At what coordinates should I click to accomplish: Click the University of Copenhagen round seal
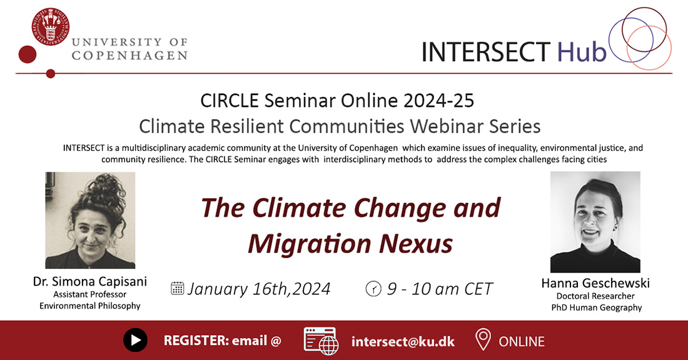tap(51, 26)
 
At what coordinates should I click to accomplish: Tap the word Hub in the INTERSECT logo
tap(582, 52)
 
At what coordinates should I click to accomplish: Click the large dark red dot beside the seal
tap(27, 54)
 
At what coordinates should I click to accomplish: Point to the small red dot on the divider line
tap(51, 74)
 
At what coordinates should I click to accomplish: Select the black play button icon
tap(135, 340)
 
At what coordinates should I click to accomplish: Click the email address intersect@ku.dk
tap(403, 341)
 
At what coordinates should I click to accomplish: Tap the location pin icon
tap(483, 340)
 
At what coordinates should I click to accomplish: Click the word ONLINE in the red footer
tap(522, 342)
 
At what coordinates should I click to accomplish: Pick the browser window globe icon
tap(321, 341)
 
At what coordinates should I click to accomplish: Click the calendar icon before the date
tap(177, 288)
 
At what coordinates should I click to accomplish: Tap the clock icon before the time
tap(373, 289)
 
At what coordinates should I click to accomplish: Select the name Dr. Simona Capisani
tap(90, 281)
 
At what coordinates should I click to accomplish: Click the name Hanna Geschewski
tap(595, 283)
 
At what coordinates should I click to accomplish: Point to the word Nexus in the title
tap(415, 244)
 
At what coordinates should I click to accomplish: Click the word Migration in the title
tap(309, 244)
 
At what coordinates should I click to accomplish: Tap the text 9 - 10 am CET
tap(440, 289)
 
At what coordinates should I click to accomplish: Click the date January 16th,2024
tap(259, 289)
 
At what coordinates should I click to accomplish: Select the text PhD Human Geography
tap(596, 307)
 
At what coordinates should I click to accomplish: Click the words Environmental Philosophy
tap(90, 306)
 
